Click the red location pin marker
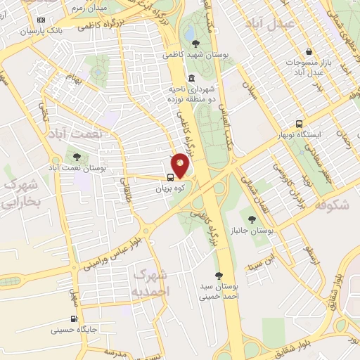181,165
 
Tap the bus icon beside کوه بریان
172,177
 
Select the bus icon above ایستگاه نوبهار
300,122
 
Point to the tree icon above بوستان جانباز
252,219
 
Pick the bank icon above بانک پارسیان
41,20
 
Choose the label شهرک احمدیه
150,281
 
